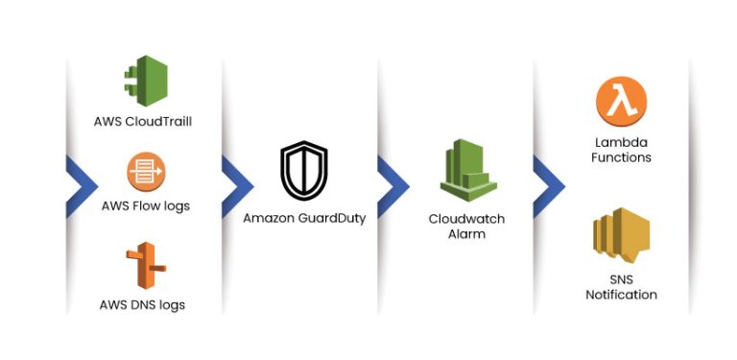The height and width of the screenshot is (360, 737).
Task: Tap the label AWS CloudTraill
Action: click(143, 122)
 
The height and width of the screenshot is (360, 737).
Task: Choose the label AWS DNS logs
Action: click(143, 305)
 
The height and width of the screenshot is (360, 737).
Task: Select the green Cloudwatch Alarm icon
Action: click(466, 172)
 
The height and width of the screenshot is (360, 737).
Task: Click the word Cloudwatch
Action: click(466, 219)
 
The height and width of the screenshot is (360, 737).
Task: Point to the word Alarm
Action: click(466, 234)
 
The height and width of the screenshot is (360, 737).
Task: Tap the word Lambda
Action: click(621, 141)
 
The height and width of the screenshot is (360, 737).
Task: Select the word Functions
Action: click(621, 156)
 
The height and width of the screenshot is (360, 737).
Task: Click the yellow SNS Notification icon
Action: click(621, 237)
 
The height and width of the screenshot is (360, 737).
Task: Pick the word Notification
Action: click(621, 295)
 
